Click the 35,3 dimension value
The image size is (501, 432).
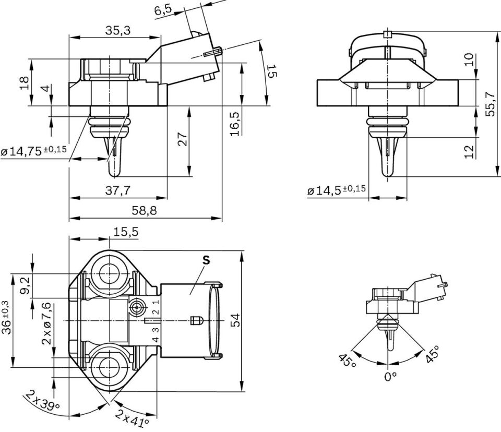pyautogui.click(x=118, y=30)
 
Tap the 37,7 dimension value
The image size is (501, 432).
pyautogui.click(x=118, y=191)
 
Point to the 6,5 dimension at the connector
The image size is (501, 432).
pyautogui.click(x=163, y=11)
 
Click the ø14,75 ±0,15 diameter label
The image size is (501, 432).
pyautogui.click(x=34, y=151)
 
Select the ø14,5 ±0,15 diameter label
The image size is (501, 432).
pyautogui.click(x=337, y=191)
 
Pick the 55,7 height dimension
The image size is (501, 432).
pyautogui.click(x=489, y=104)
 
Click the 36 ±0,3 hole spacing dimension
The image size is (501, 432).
pyautogui.click(x=6, y=319)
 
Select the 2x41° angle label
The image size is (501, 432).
pyautogui.click(x=133, y=418)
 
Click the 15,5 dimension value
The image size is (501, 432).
pyautogui.click(x=125, y=233)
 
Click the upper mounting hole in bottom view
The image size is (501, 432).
pyautogui.click(x=109, y=272)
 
